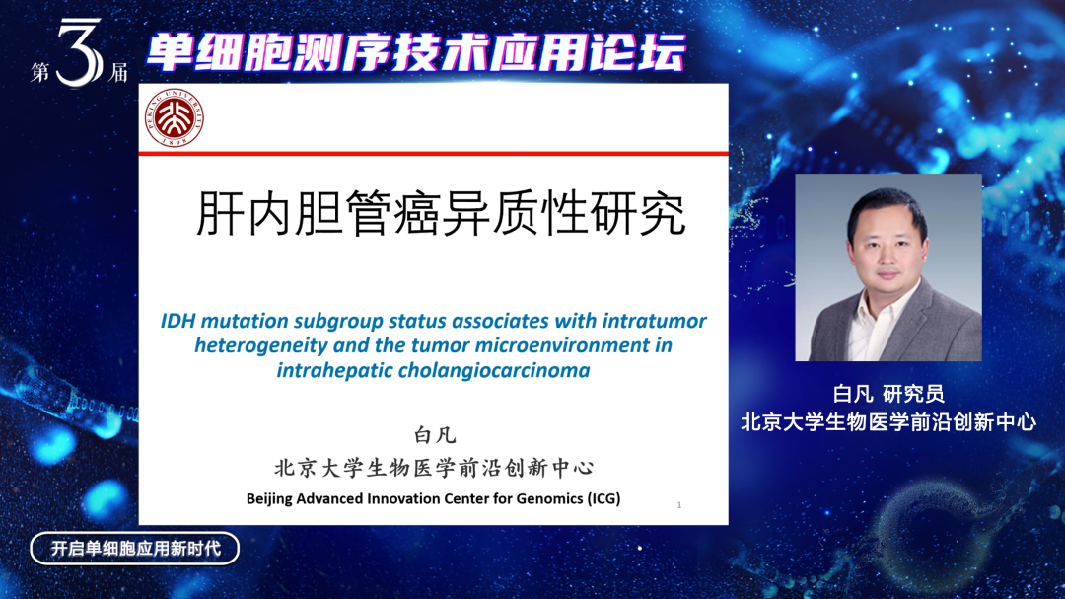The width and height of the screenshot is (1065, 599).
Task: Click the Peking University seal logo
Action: coord(175,117)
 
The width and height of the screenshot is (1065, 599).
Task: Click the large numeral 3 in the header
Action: coord(80,53)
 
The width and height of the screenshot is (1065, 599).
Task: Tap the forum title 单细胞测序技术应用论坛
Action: coord(416,52)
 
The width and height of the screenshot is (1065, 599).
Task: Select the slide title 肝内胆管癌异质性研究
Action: coord(441,213)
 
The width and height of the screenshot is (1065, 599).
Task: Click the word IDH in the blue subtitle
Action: coord(177,321)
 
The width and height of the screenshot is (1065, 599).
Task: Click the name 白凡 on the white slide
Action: coord(435,435)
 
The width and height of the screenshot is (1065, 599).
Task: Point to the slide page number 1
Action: coord(679,504)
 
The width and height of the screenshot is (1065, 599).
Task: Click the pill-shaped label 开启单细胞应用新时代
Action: coord(134,549)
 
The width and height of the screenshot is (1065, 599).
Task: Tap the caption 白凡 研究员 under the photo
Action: coord(887,393)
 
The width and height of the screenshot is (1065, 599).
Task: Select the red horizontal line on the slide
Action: coord(433,154)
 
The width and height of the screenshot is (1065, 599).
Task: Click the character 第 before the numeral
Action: coord(40,71)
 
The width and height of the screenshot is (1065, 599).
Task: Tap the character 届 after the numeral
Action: coord(118,72)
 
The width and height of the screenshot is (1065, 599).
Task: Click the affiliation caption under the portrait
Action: coord(887,421)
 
